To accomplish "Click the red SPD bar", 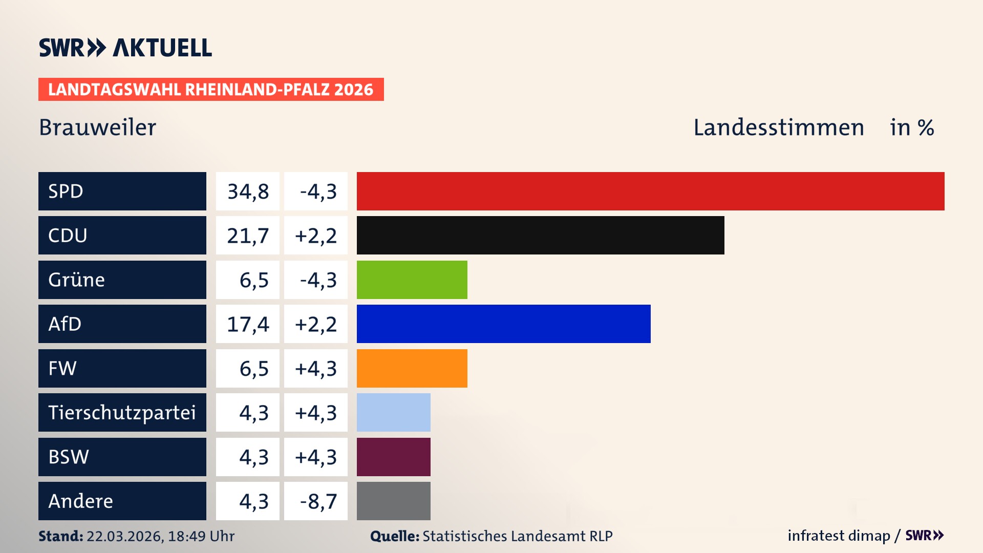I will point(650,191).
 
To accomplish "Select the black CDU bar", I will point(540,235).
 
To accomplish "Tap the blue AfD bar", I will point(503,324).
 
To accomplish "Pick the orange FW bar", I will point(412,368).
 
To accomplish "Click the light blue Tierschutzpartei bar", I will point(393,412).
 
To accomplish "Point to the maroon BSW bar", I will point(393,457).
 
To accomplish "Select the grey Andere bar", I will point(393,501).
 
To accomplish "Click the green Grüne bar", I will point(412,280).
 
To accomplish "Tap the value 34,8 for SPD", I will point(248,192).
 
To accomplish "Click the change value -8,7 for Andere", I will point(318,501).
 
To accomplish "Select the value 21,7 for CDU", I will point(248,236).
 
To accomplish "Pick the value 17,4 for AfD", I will point(248,324).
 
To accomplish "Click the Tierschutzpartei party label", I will point(122,413).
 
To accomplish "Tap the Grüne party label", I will point(77,280).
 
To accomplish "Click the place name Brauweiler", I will point(97,127).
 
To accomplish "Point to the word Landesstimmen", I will point(778,127).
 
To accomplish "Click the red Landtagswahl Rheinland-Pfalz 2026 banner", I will point(211,90).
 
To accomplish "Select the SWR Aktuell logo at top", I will point(125,48).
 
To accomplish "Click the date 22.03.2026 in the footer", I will point(124,536).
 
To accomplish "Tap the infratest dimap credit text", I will point(838,536).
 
